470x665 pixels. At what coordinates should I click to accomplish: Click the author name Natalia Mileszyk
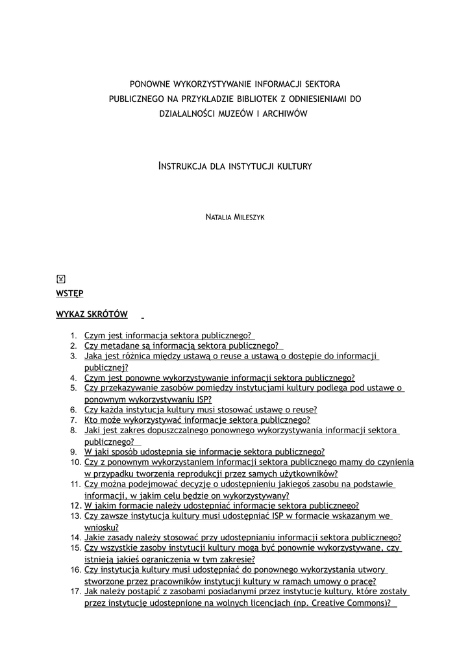(234, 217)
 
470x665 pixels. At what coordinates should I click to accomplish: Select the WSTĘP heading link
(70, 294)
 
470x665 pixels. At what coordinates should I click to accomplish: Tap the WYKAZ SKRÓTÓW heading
(92, 314)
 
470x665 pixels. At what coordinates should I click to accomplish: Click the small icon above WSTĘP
(61, 279)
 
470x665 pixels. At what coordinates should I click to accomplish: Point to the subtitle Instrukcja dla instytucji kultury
(235, 166)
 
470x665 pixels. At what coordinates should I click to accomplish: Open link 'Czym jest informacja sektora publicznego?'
(167, 336)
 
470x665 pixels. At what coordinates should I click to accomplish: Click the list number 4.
(74, 378)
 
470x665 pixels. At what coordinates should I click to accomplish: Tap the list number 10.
(75, 462)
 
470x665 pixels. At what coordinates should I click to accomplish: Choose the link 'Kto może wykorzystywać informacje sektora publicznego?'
(197, 420)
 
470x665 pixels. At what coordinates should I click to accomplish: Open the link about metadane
(181, 346)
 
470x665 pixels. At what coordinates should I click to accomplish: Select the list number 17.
(75, 592)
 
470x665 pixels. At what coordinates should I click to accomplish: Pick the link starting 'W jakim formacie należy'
(221, 505)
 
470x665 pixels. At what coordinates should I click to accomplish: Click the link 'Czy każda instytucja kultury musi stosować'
(201, 410)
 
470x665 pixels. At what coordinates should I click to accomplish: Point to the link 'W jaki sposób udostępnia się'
(204, 452)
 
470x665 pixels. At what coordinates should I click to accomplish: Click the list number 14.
(75, 538)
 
